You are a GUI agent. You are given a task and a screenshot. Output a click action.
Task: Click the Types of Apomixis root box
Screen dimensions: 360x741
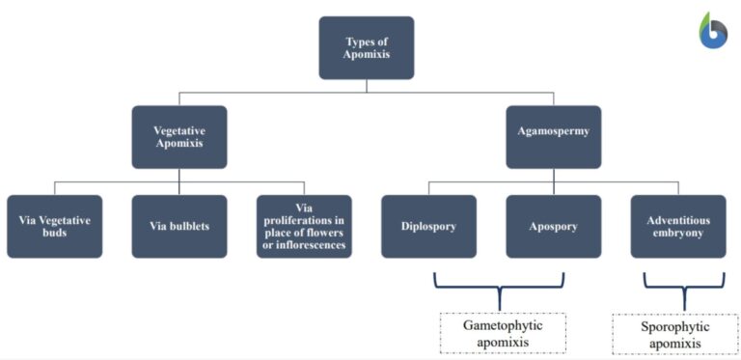point(367,47)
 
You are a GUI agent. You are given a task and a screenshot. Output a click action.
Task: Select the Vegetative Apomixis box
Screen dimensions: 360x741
point(179,137)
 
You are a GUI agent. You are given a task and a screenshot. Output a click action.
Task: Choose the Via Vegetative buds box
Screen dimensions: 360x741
point(54,226)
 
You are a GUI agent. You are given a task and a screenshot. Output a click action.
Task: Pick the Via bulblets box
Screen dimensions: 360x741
point(179,226)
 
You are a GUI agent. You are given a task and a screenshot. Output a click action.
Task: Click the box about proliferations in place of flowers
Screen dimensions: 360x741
point(304,226)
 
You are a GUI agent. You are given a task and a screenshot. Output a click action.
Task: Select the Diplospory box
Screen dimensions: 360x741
point(428,226)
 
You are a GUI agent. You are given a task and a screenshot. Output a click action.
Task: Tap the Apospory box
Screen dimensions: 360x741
point(553,226)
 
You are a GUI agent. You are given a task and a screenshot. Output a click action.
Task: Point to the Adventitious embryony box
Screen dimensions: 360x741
point(678,226)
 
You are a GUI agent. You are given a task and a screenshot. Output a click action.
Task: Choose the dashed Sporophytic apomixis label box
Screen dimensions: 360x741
point(674,334)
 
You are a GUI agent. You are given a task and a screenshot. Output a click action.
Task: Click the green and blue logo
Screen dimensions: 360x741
point(713,31)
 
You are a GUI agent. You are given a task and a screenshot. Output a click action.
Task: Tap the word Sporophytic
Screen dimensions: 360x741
point(674,326)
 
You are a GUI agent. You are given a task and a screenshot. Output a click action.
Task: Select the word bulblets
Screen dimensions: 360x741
point(189,227)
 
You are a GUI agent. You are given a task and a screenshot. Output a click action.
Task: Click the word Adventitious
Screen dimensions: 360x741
point(678,219)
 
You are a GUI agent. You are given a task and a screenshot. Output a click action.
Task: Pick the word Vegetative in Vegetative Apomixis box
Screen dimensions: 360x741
point(179,129)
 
